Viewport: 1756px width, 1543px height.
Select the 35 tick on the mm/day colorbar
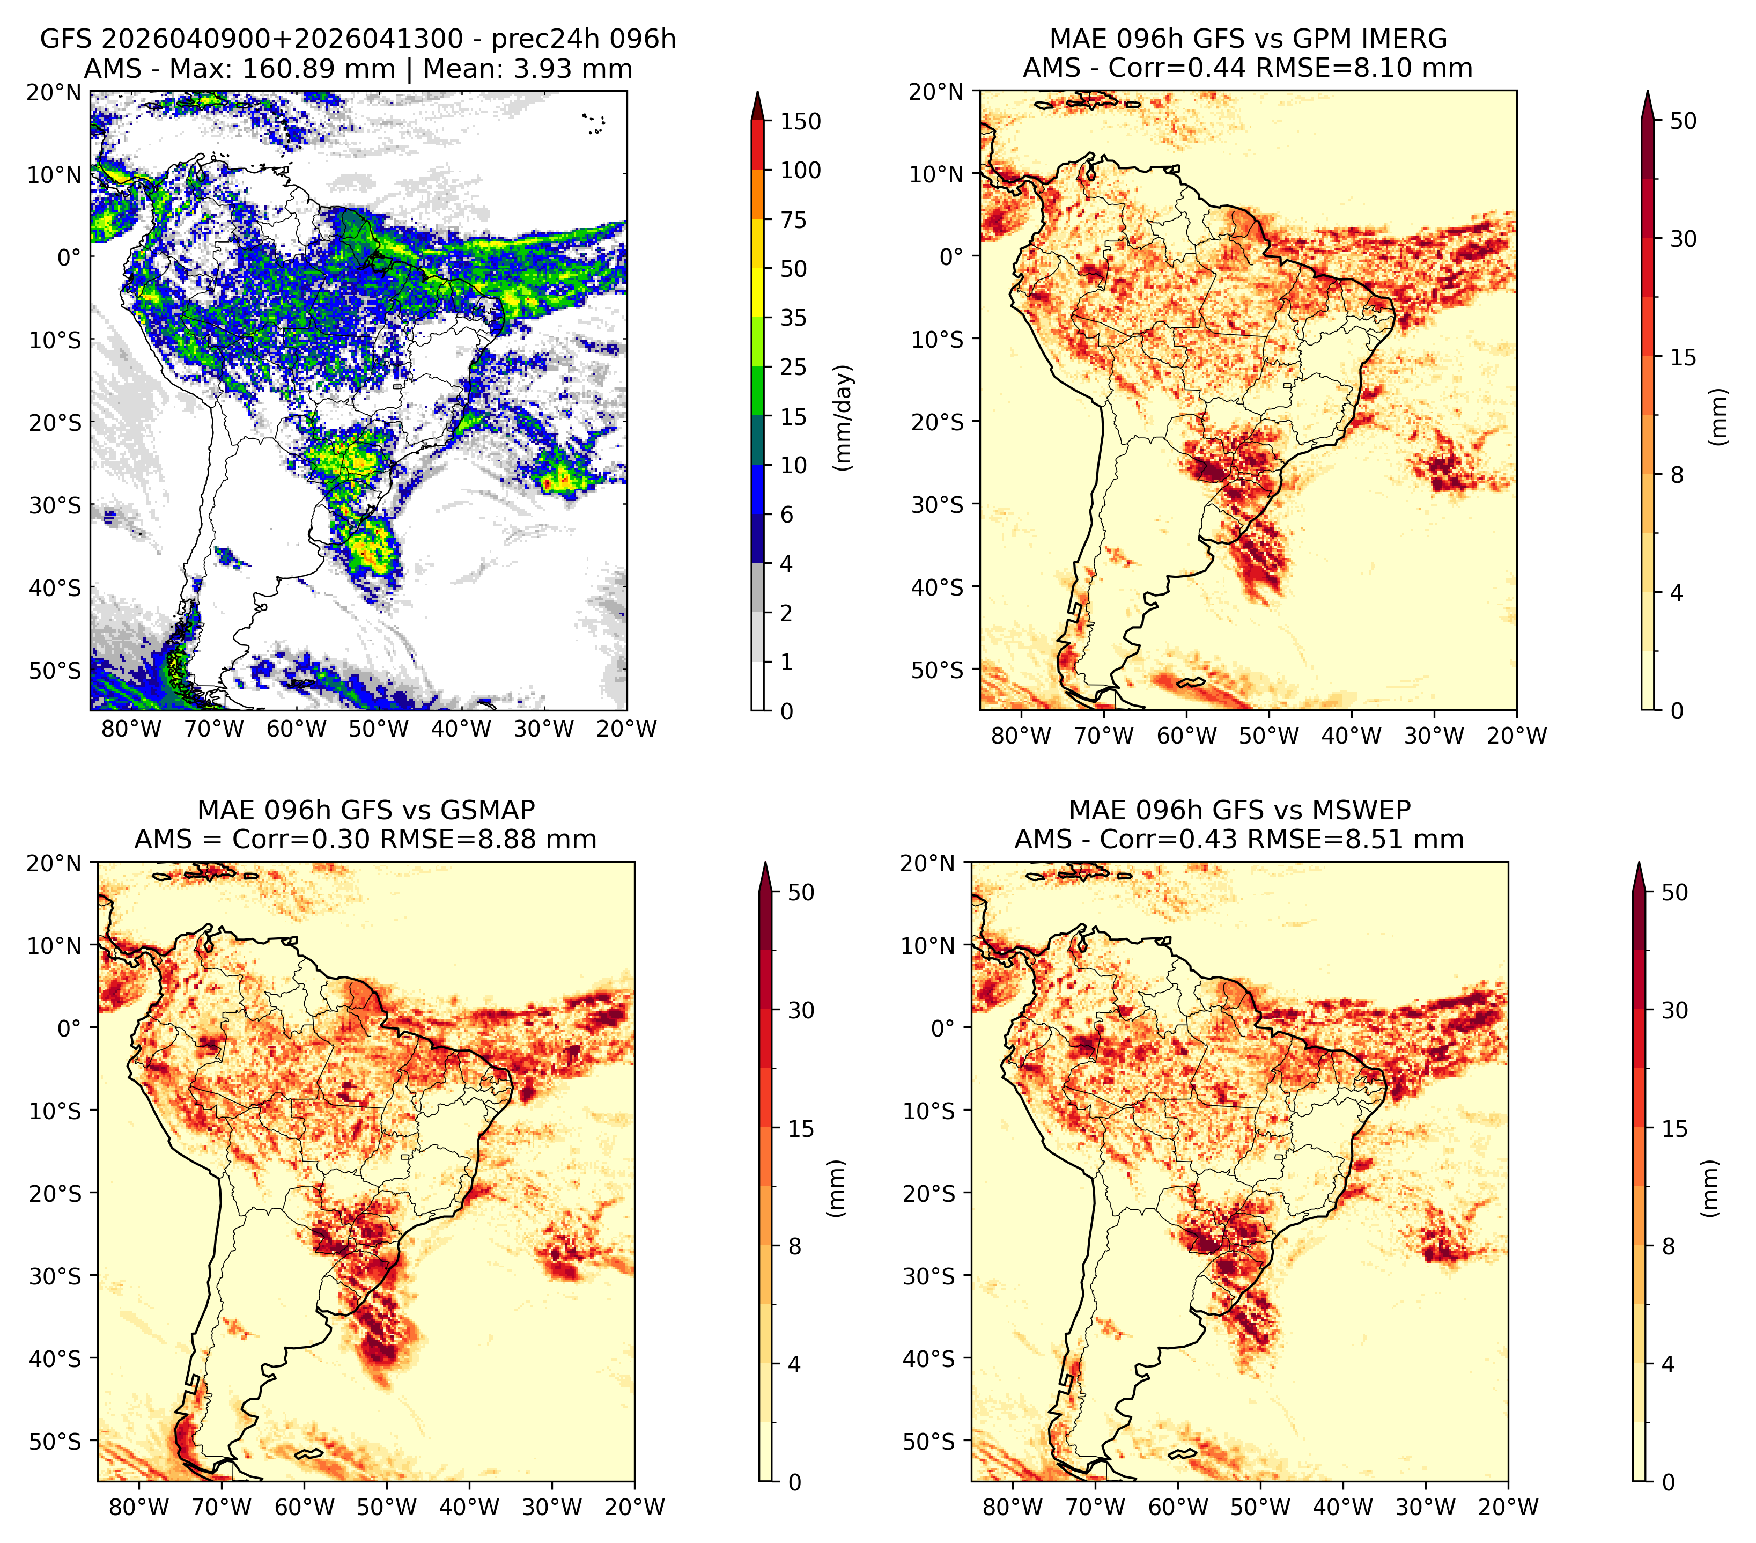[x=794, y=318]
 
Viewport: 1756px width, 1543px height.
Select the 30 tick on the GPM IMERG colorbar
[x=1684, y=238]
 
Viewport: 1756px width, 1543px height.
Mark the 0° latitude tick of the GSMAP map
[x=70, y=1027]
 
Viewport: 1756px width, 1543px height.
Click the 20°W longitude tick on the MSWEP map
[x=1509, y=1507]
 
